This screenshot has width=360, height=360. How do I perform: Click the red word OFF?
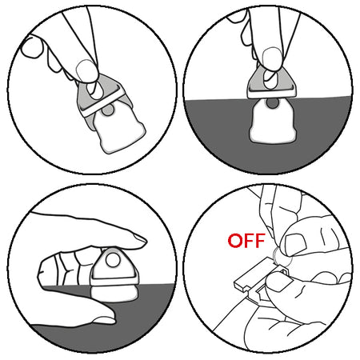pyautogui.click(x=246, y=241)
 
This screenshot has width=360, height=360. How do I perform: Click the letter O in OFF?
pyautogui.click(x=235, y=241)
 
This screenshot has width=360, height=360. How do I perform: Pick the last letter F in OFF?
pyautogui.click(x=259, y=241)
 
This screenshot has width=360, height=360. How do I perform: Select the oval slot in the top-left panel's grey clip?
pyautogui.click(x=95, y=90)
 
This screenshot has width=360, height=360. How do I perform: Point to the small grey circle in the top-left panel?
pyautogui.click(x=108, y=110)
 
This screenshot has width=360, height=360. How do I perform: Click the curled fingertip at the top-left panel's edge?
pyautogui.click(x=31, y=47)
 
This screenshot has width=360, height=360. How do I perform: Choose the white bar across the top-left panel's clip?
pyautogui.click(x=102, y=102)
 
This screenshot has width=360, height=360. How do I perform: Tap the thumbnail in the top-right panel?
pyautogui.click(x=272, y=58)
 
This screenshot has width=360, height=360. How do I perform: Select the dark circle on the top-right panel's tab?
pyautogui.click(x=272, y=103)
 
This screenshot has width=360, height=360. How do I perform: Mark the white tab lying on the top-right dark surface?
pyautogui.click(x=273, y=121)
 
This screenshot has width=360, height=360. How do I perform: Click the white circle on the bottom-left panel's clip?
pyautogui.click(x=113, y=260)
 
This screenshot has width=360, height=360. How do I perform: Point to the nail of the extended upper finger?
pyautogui.click(x=140, y=238)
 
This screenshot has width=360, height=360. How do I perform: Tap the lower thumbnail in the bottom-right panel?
pyautogui.click(x=278, y=282)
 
